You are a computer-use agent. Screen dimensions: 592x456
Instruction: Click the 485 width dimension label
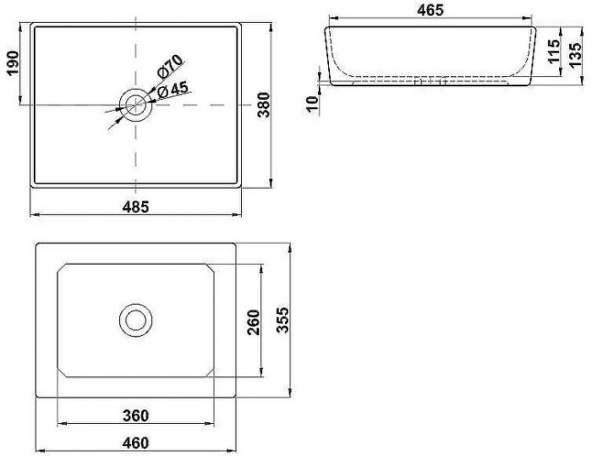(x=136, y=206)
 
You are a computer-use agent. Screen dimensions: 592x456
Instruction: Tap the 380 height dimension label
(x=264, y=105)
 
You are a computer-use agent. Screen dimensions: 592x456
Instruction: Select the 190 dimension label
(x=13, y=63)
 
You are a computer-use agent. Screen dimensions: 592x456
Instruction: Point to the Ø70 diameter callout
(x=170, y=66)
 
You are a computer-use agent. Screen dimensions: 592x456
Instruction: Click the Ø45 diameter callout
(x=173, y=90)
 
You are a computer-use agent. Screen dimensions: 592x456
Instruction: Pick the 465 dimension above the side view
(x=430, y=10)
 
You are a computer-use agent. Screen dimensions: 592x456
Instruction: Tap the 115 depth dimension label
(x=554, y=51)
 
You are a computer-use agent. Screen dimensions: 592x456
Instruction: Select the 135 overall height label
(x=575, y=55)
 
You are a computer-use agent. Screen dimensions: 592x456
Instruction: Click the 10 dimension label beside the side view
(x=313, y=104)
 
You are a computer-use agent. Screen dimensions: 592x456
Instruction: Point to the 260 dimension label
(x=254, y=322)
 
